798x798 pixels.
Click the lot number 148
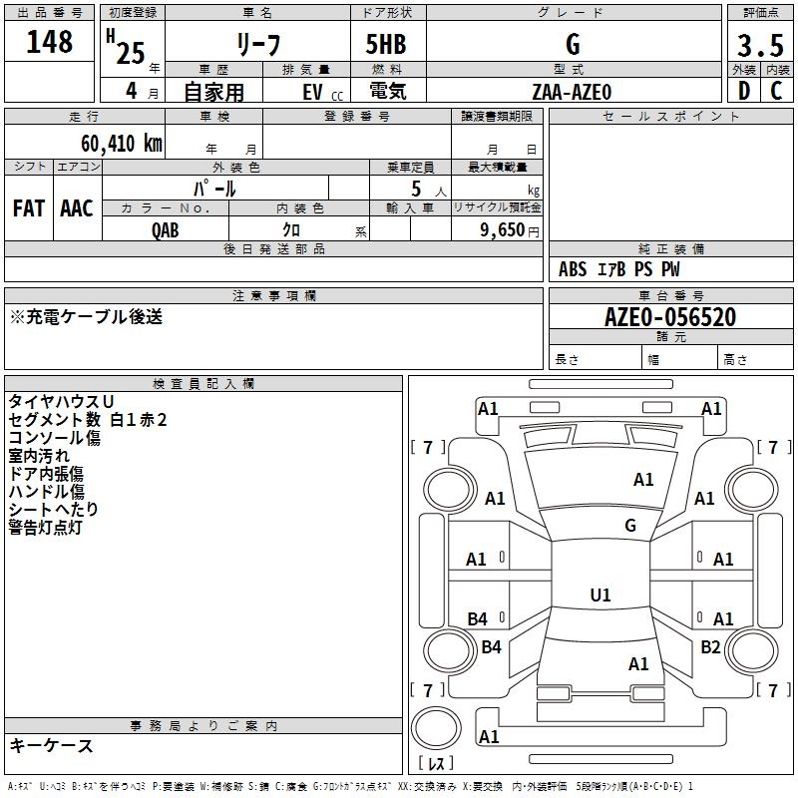click(x=50, y=42)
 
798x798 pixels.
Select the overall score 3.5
click(x=759, y=45)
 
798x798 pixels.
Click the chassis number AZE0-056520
click(x=670, y=317)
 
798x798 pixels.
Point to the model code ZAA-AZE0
click(x=572, y=91)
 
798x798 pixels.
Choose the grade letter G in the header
click(x=572, y=45)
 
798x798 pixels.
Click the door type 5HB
click(x=386, y=45)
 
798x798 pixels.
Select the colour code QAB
click(x=166, y=228)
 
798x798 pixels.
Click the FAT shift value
click(x=28, y=207)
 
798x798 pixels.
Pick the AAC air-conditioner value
click(x=76, y=207)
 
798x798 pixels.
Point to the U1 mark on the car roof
click(x=599, y=596)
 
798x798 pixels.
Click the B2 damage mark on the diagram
click(x=710, y=647)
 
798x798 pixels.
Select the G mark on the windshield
click(x=630, y=526)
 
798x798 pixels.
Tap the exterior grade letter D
click(x=743, y=91)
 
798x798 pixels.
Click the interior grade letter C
click(x=776, y=91)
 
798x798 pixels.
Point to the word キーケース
click(x=51, y=745)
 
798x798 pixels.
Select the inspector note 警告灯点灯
click(x=45, y=527)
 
